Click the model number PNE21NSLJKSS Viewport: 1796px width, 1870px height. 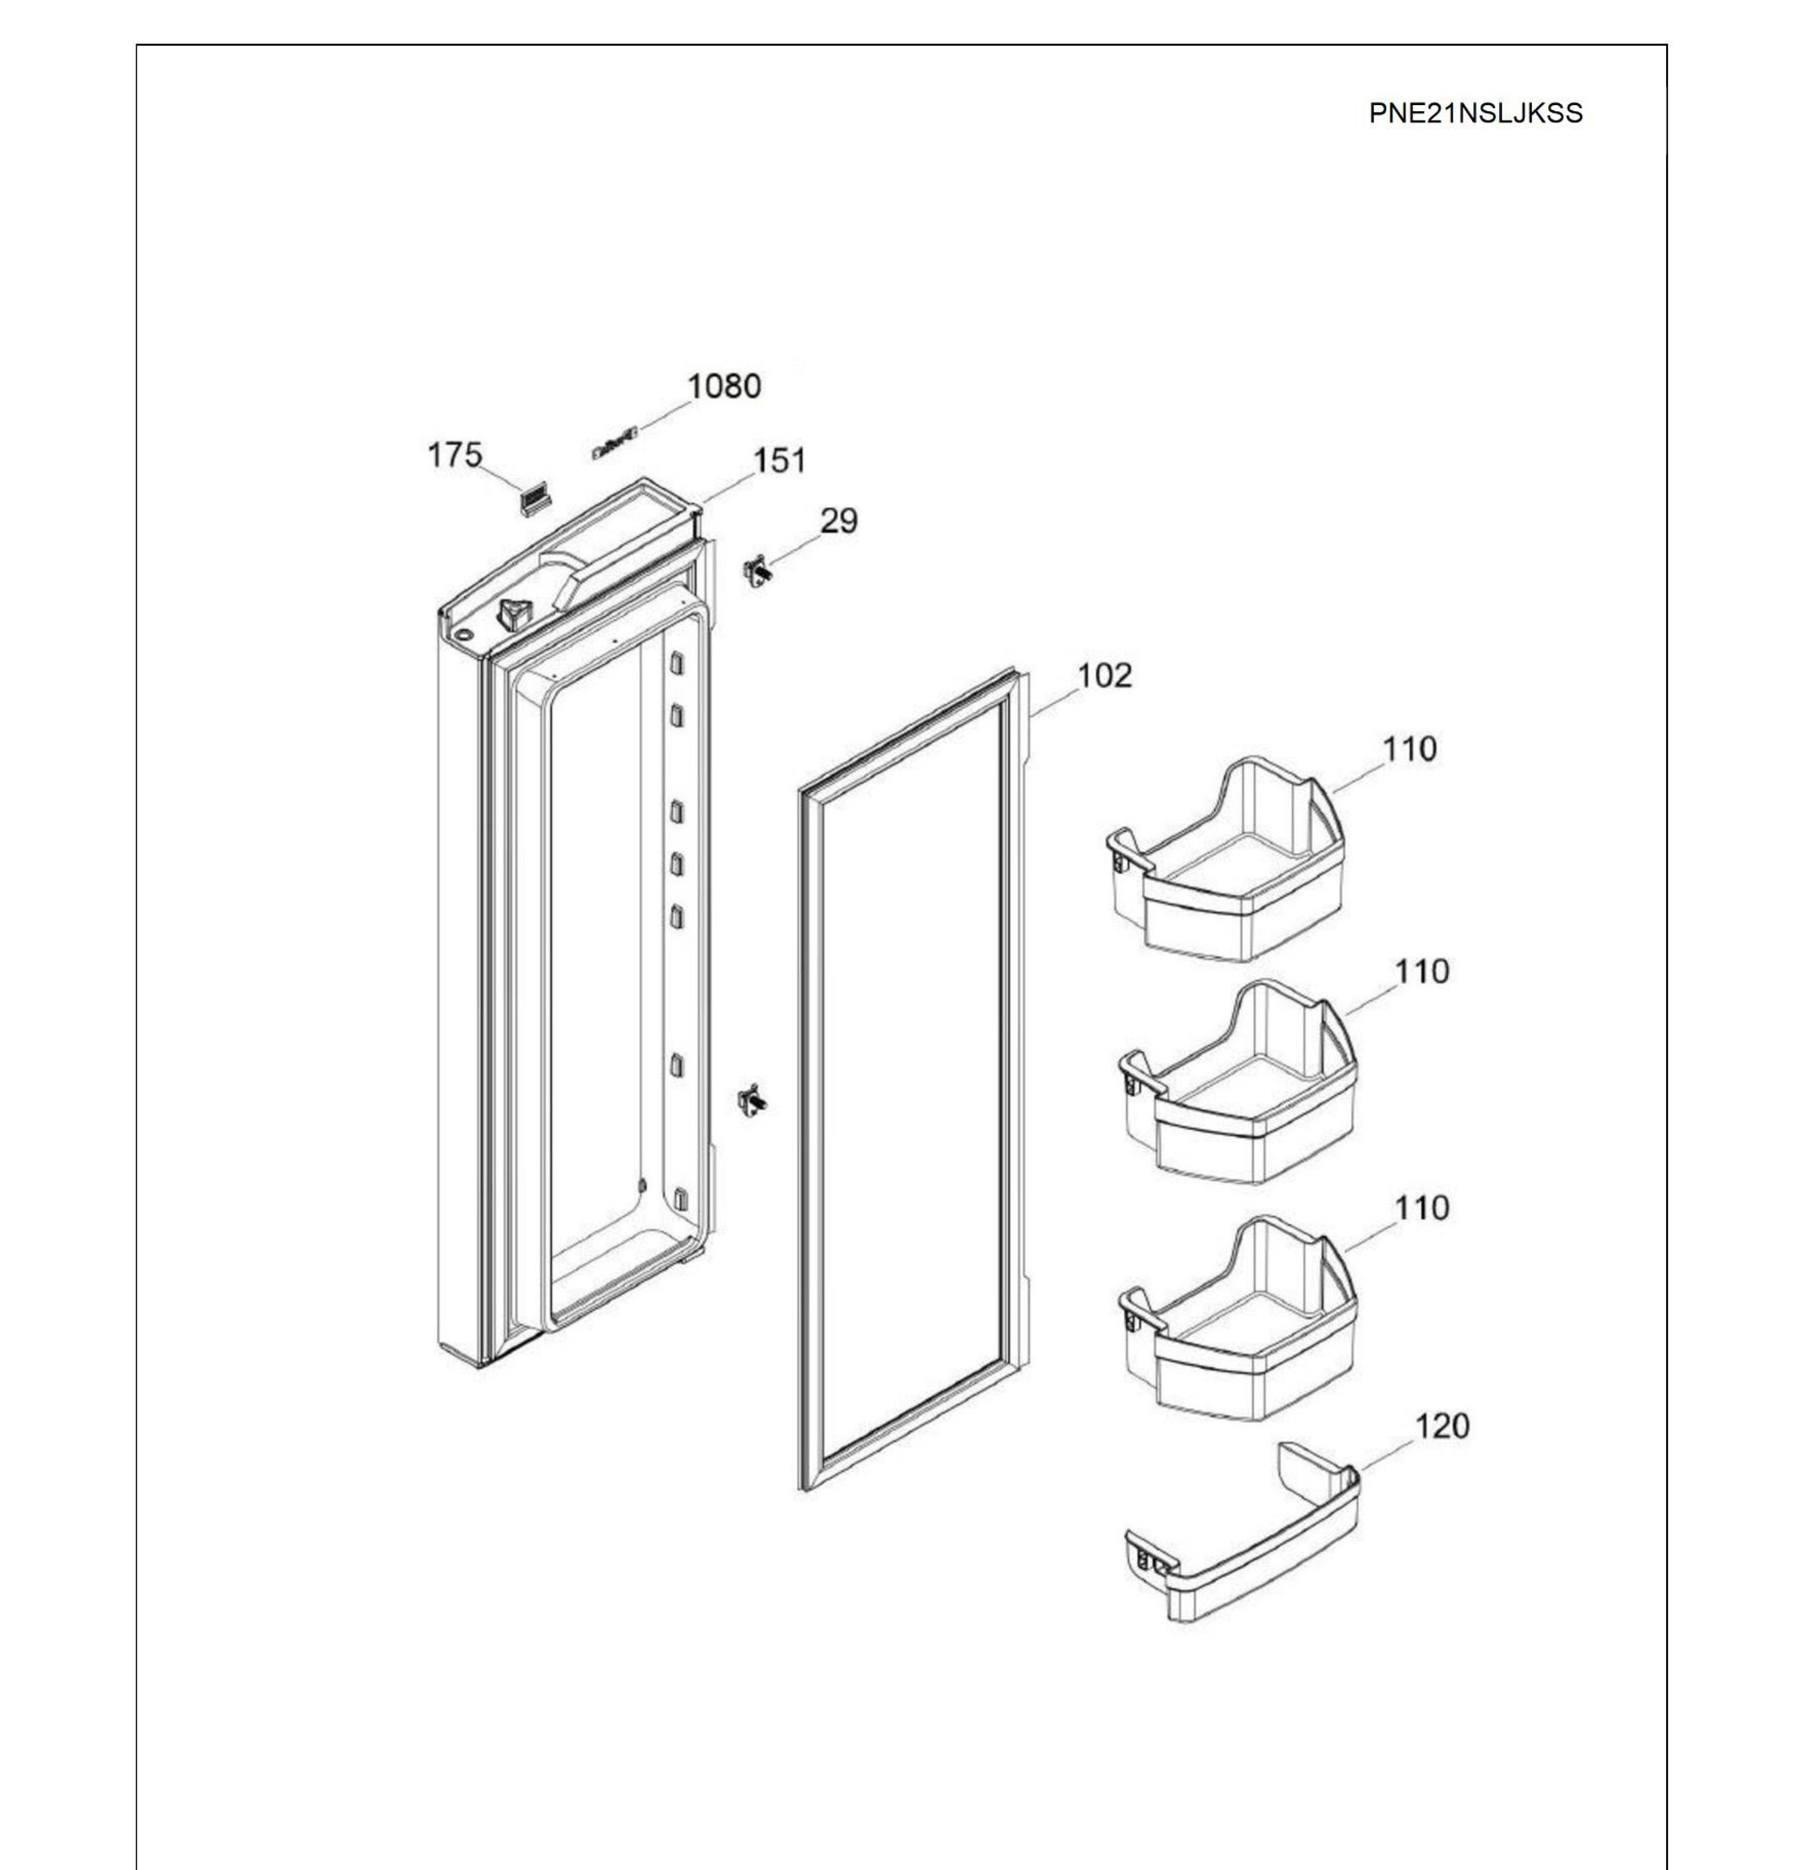[1474, 113]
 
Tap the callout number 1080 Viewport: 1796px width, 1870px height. [724, 387]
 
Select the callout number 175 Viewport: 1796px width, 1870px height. [454, 455]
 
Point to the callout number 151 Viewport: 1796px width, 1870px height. [779, 461]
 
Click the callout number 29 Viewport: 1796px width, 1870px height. [838, 521]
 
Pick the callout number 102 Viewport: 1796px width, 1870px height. [1105, 675]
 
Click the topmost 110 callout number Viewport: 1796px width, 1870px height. [1409, 749]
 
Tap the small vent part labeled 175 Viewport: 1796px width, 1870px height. [535, 500]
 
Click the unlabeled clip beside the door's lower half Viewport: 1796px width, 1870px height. [753, 1101]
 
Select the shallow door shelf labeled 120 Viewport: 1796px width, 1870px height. [1241, 1543]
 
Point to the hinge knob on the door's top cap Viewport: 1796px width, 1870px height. [512, 613]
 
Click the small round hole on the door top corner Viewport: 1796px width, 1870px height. [463, 636]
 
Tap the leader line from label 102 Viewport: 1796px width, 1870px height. [1054, 701]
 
